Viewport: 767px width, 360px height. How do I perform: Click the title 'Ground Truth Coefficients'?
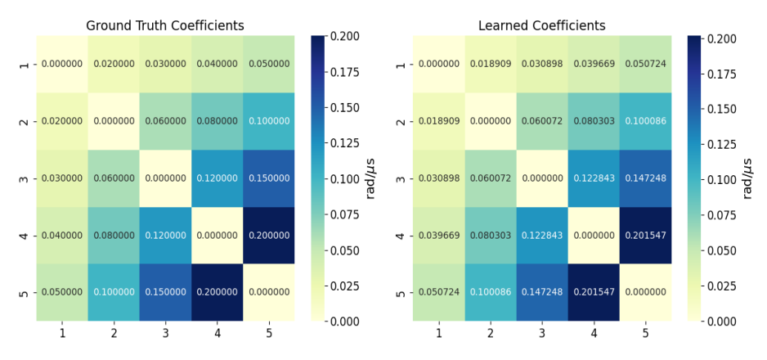(x=165, y=25)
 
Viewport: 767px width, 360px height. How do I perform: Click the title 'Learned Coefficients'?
(x=541, y=25)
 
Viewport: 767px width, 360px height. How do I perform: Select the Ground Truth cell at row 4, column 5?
(x=269, y=236)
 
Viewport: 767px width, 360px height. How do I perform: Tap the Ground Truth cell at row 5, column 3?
(x=165, y=292)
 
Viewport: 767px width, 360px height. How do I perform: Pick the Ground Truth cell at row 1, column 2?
(x=114, y=64)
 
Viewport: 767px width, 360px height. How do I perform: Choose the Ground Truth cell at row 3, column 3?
(x=165, y=178)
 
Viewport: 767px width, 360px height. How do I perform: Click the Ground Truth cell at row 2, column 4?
(x=218, y=121)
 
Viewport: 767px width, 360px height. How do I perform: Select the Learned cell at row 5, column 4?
(x=594, y=292)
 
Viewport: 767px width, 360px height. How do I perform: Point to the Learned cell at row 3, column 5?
(x=645, y=178)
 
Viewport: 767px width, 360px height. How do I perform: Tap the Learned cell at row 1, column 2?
(x=490, y=64)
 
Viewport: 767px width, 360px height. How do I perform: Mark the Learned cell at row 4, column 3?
(x=541, y=236)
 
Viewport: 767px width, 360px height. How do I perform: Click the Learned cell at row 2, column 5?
(x=645, y=121)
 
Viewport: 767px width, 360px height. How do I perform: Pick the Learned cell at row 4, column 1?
(x=438, y=236)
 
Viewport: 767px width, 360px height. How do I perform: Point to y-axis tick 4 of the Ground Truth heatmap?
(x=24, y=236)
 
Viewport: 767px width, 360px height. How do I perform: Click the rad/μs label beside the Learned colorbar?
(x=747, y=178)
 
